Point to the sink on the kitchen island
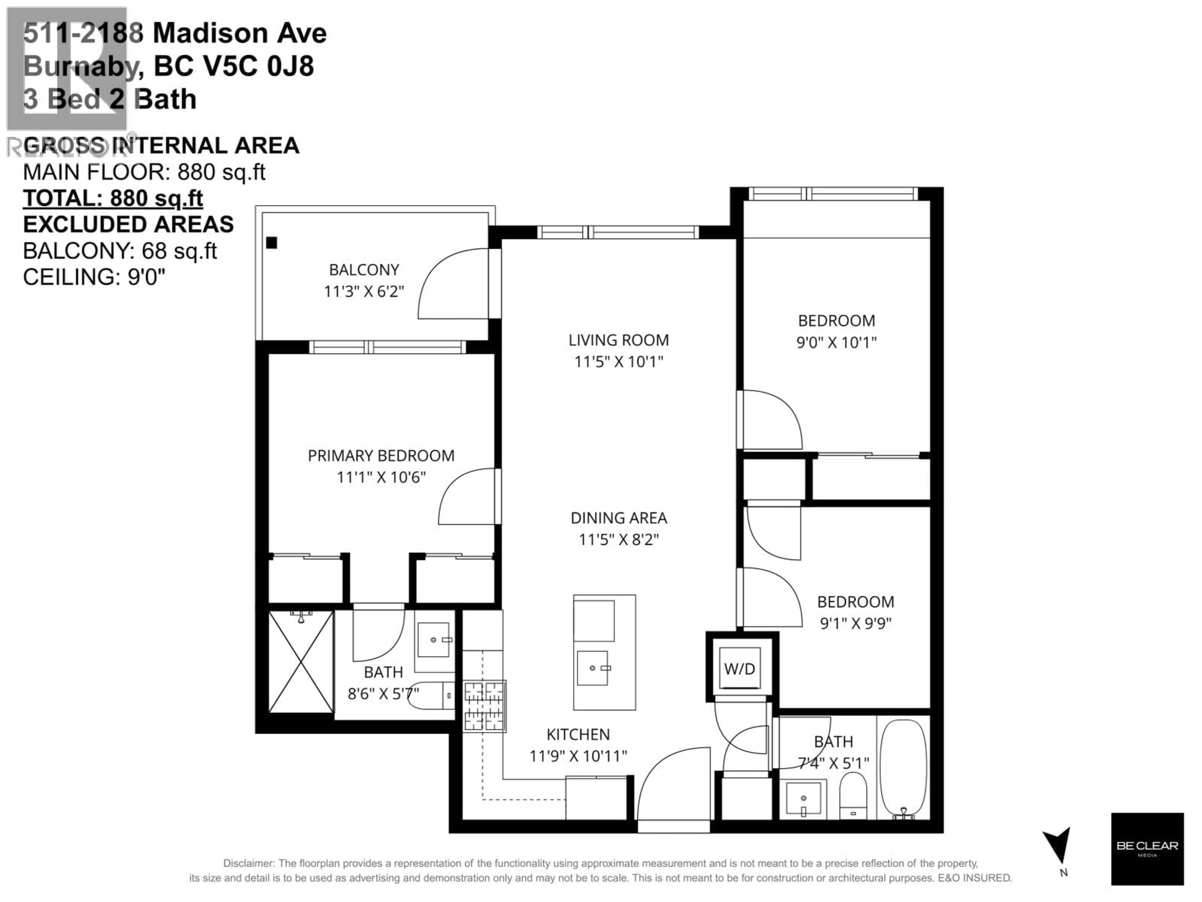(x=592, y=668)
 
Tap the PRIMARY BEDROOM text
(x=381, y=456)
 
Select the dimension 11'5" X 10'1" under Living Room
(x=619, y=361)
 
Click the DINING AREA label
(x=619, y=518)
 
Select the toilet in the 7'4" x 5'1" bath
(x=853, y=796)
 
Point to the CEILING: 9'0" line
(x=94, y=277)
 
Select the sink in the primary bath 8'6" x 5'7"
(x=433, y=640)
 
